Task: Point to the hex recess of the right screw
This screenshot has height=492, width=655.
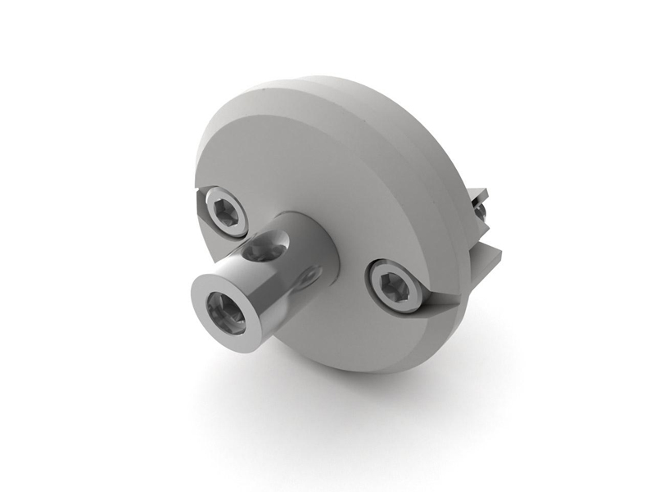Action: [396, 285]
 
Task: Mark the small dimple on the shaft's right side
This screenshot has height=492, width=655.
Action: [309, 277]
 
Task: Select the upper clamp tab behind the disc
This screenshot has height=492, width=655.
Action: [478, 196]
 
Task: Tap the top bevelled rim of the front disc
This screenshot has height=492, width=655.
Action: [270, 107]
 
